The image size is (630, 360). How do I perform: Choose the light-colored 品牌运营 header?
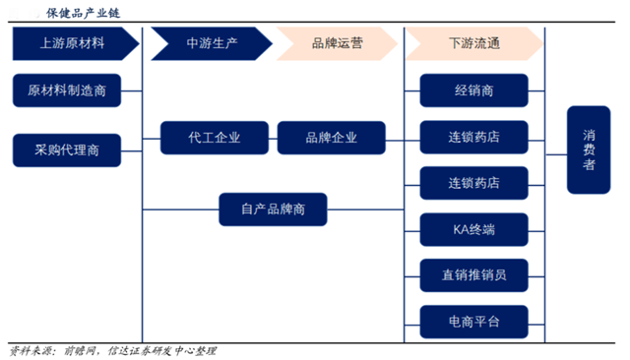[337, 44]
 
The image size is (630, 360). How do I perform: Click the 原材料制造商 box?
[67, 90]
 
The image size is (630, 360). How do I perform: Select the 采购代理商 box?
[67, 150]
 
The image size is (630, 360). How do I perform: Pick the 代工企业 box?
[214, 138]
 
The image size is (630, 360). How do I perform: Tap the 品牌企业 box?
[332, 138]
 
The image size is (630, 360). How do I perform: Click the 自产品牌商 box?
[273, 209]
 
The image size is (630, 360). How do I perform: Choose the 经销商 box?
[473, 90]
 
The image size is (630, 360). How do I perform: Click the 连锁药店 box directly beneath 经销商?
[473, 137]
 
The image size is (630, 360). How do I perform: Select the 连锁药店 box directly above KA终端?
[473, 183]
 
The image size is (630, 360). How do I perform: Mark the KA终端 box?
[473, 228]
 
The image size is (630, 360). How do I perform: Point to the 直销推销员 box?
[473, 273]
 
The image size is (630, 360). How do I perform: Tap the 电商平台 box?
[473, 320]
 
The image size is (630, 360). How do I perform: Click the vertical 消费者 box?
[589, 150]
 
